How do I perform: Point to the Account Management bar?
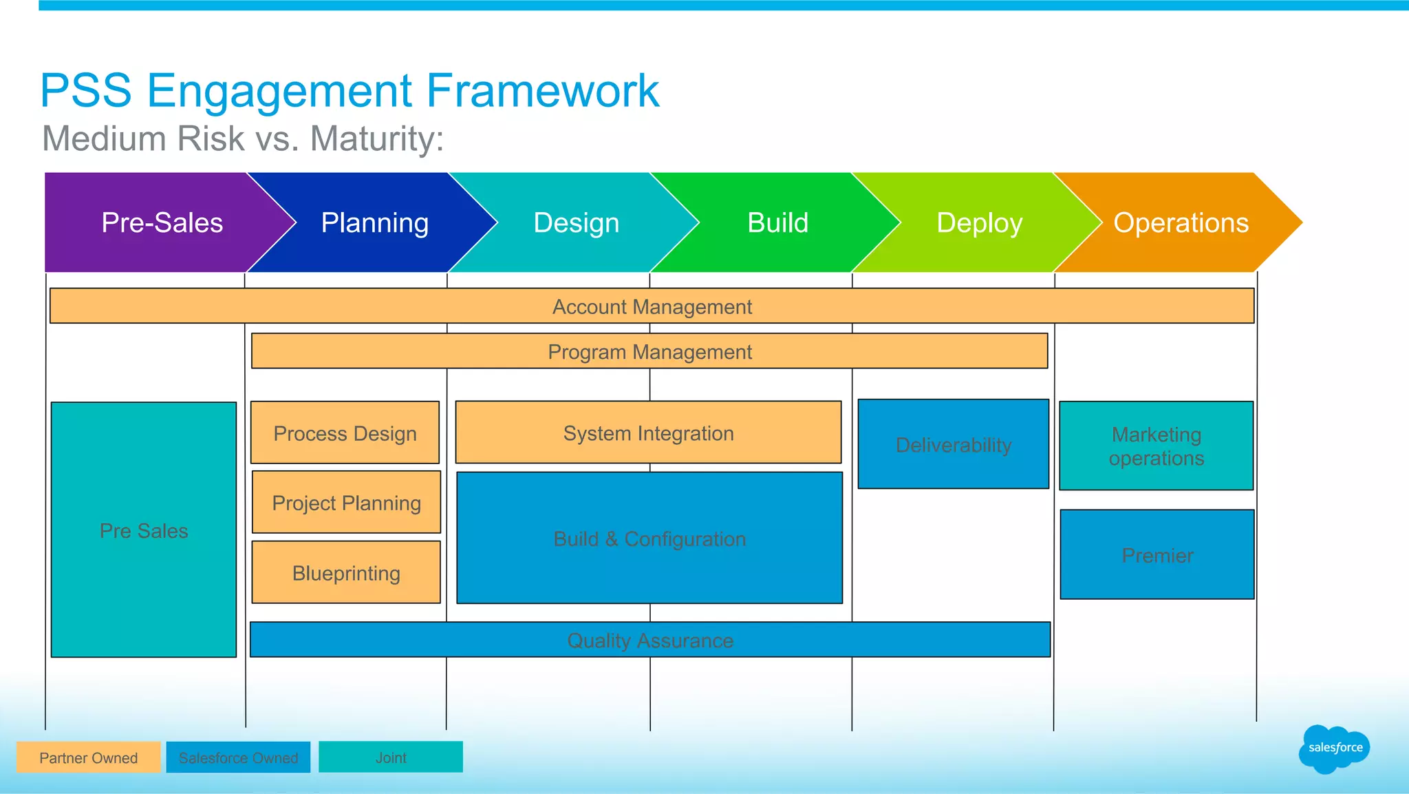click(652, 306)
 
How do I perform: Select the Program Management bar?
click(649, 351)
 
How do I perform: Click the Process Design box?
click(345, 433)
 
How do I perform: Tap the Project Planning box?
click(346, 503)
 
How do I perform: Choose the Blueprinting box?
click(346, 573)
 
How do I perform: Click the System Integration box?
click(648, 432)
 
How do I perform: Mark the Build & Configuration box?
click(649, 539)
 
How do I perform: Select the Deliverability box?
click(954, 445)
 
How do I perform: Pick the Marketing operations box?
click(1157, 446)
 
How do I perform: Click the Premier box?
click(1157, 555)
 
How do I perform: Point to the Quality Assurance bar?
click(650, 640)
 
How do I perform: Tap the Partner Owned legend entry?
click(88, 758)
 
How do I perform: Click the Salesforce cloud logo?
click(1334, 748)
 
